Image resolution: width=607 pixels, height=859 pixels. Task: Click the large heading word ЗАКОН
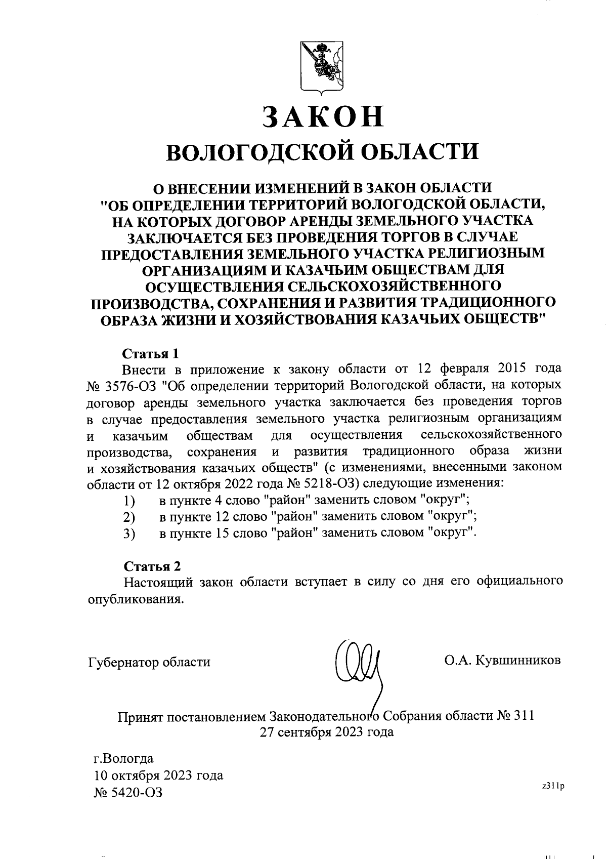tap(323, 117)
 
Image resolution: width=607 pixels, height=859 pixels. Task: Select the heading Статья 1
tap(151, 352)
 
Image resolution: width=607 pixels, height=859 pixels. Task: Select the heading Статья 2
tap(152, 565)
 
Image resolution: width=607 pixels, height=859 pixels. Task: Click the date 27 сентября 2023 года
tap(326, 732)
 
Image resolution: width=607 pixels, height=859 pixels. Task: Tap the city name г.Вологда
tap(124, 759)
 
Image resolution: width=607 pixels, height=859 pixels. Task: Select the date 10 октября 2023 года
tap(158, 775)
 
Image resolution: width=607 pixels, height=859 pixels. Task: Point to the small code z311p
tap(552, 786)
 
